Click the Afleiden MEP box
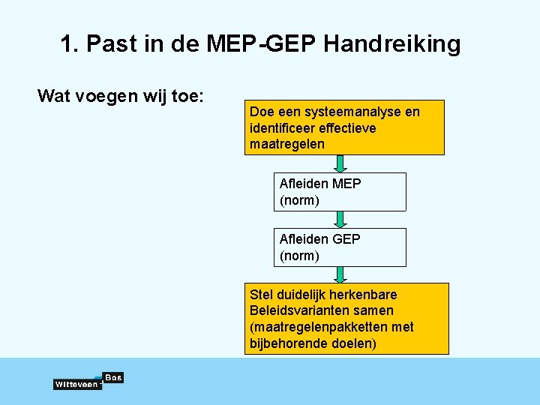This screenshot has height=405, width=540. click(x=340, y=192)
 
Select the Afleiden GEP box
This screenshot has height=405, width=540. click(x=340, y=247)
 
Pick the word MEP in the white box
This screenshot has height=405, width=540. click(x=346, y=184)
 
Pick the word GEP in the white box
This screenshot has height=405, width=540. click(x=346, y=239)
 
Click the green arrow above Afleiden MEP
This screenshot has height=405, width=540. click(x=340, y=163)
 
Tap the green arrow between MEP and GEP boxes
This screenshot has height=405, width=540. click(x=340, y=219)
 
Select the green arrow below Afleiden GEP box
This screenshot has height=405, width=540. click(x=340, y=274)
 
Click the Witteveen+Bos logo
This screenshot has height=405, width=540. click(x=88, y=381)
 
